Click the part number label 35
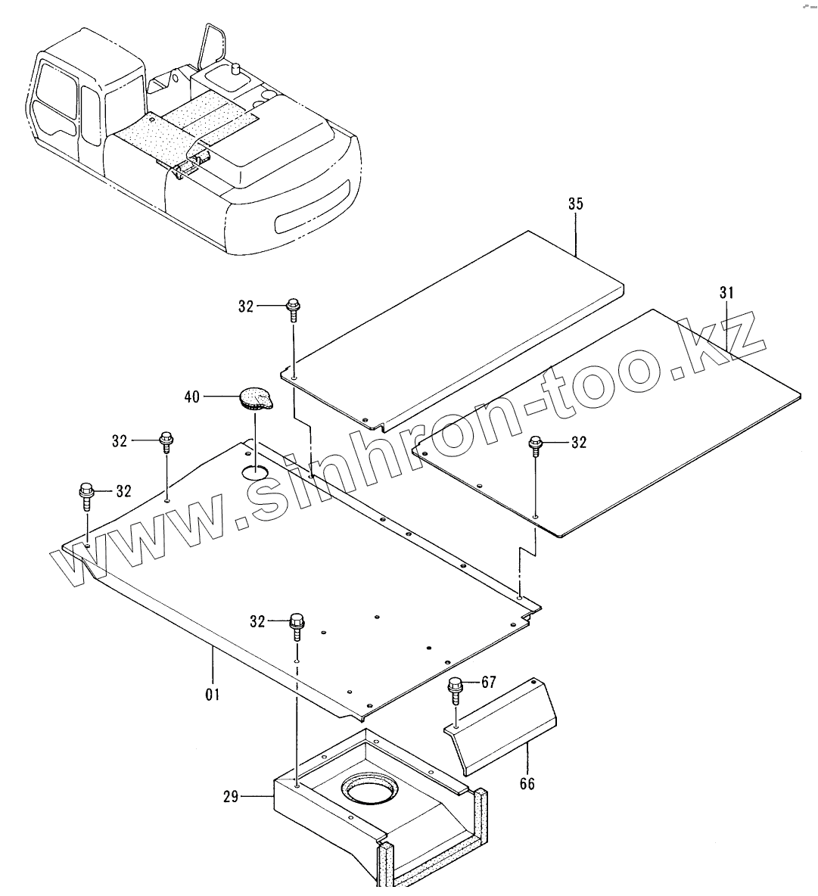[575, 204]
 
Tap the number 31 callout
[726, 292]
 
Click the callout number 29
[231, 796]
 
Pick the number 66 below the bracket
[527, 784]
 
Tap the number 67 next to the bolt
[488, 683]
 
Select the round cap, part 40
[253, 398]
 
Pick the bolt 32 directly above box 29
[296, 626]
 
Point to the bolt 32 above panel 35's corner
[293, 309]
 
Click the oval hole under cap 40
[254, 472]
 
